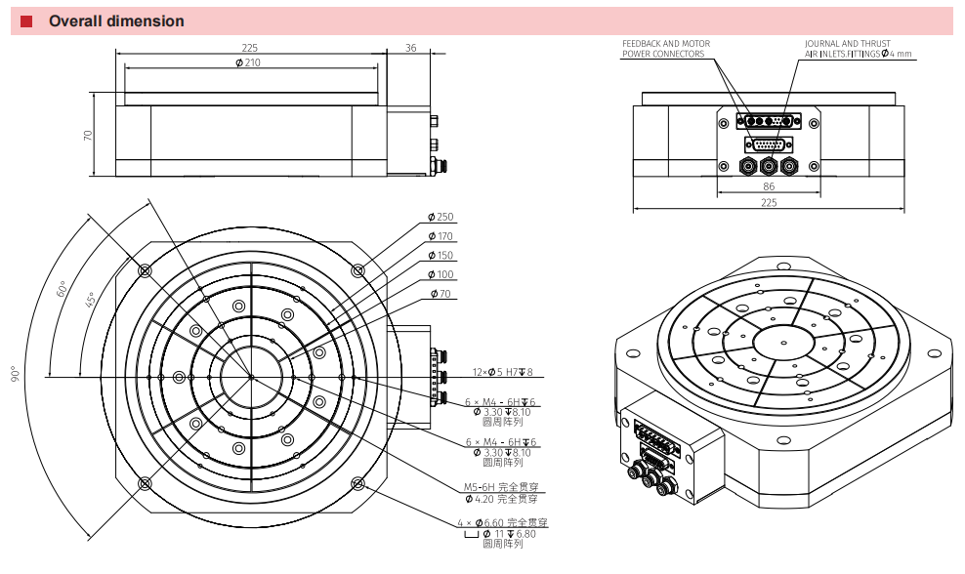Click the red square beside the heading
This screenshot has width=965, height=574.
25,21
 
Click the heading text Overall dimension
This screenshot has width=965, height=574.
116,20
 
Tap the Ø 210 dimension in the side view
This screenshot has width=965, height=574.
248,62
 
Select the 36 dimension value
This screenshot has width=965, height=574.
410,48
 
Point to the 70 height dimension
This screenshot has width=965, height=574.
87,134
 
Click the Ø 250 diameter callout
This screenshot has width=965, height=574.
441,217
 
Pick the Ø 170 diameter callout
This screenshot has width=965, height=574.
441,235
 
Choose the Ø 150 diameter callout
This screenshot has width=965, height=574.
441,255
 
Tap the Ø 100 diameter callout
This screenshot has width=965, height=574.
441,274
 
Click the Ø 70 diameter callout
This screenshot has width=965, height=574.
441,294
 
